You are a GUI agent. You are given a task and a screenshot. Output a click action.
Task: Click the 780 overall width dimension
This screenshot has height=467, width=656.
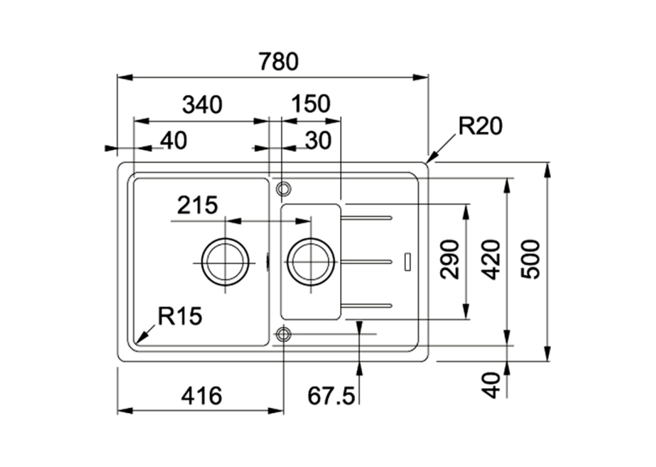click(278, 62)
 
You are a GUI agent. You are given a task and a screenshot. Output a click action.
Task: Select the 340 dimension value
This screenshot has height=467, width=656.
click(202, 105)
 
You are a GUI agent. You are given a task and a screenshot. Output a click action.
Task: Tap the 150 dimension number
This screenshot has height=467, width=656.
click(310, 104)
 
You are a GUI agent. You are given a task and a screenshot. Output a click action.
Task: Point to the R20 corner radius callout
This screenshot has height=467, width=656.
click(480, 126)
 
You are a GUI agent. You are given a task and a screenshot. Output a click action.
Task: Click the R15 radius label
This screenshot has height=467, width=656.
click(180, 316)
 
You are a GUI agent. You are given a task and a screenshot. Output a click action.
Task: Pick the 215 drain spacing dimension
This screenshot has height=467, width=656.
click(198, 206)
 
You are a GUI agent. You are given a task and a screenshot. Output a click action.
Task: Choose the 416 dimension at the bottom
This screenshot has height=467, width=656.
click(201, 395)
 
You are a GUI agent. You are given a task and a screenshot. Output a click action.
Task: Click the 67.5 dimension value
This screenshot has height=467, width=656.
click(331, 396)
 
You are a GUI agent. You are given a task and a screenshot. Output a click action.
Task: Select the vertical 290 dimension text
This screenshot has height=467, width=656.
click(450, 259)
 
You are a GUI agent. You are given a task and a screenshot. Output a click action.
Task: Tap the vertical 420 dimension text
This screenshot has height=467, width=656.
click(491, 259)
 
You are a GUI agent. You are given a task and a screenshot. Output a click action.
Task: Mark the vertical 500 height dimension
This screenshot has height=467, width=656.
click(531, 259)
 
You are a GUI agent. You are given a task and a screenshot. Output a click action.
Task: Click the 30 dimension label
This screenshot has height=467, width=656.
click(318, 141)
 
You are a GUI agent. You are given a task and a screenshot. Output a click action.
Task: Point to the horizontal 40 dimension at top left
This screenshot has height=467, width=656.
click(174, 141)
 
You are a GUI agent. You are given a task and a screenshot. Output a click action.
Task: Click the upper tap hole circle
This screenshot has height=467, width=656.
click(283, 183)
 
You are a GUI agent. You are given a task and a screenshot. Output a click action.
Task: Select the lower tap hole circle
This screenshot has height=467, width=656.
click(283, 329)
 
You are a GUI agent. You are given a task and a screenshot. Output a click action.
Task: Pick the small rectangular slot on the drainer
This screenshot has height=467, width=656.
click(408, 261)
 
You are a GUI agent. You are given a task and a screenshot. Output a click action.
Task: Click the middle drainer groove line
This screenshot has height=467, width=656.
click(367, 262)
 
